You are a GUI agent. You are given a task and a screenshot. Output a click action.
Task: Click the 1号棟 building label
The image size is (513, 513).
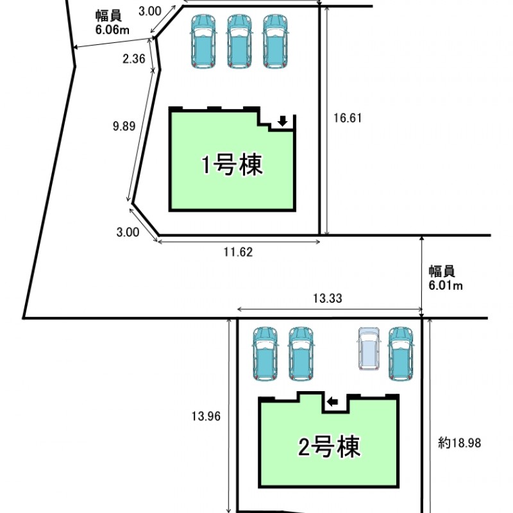pyautogui.click(x=231, y=166)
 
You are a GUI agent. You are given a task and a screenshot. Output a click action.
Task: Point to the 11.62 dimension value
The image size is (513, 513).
pyautogui.click(x=238, y=253)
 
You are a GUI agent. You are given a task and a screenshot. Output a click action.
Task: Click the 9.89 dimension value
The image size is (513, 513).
pyautogui.click(x=123, y=126)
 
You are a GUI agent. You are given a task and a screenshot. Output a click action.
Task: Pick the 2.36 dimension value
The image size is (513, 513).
pyautogui.click(x=134, y=59)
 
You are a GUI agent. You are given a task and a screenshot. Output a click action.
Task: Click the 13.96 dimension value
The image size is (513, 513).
pyautogui.click(x=206, y=416)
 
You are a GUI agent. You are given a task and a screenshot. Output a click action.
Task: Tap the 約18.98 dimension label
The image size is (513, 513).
pyautogui.click(x=460, y=442)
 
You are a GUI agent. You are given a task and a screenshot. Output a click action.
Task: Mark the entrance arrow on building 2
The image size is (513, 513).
pyautogui.click(x=333, y=401)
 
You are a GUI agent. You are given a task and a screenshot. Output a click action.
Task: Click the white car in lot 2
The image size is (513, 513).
pyautogui.click(x=368, y=348)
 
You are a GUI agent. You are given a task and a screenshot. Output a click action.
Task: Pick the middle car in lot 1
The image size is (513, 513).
pyautogui.click(x=240, y=41)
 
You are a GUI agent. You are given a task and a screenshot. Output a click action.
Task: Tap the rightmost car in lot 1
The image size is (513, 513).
pyautogui.click(x=276, y=41)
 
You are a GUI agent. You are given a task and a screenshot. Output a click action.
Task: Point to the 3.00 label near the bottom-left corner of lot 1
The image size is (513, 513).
pyautogui.click(x=128, y=233)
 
